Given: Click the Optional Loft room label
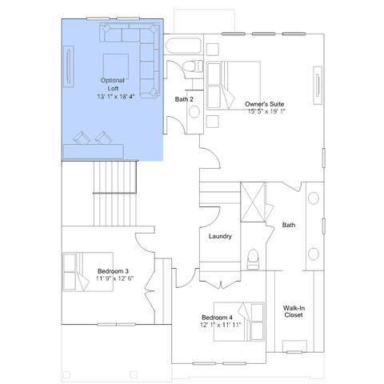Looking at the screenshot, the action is click(x=113, y=84).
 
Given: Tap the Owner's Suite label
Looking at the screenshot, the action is click(x=265, y=104).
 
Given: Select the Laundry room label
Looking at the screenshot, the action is click(x=220, y=236).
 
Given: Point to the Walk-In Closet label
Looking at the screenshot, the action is click(x=294, y=311).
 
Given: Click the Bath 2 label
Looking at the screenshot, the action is click(x=184, y=99).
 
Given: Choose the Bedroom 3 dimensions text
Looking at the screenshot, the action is click(x=114, y=278).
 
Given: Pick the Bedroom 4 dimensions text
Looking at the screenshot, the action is click(x=221, y=325).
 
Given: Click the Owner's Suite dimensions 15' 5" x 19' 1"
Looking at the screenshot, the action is click(x=266, y=111).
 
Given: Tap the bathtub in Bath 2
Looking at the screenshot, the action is click(x=183, y=46).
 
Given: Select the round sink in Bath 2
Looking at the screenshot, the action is click(x=194, y=112).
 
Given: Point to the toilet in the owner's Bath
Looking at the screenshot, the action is click(x=253, y=259).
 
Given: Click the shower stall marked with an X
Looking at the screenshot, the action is click(x=253, y=202).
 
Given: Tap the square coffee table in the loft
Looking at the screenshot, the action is click(x=116, y=66).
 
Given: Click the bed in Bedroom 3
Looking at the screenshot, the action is click(x=88, y=272).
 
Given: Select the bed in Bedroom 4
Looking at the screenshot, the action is click(x=239, y=322).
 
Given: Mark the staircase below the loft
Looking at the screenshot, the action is click(x=115, y=194).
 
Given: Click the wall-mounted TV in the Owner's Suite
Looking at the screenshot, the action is click(x=318, y=86).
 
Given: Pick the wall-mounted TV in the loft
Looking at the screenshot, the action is click(x=69, y=66).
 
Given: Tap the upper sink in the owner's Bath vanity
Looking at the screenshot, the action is click(x=314, y=198).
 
